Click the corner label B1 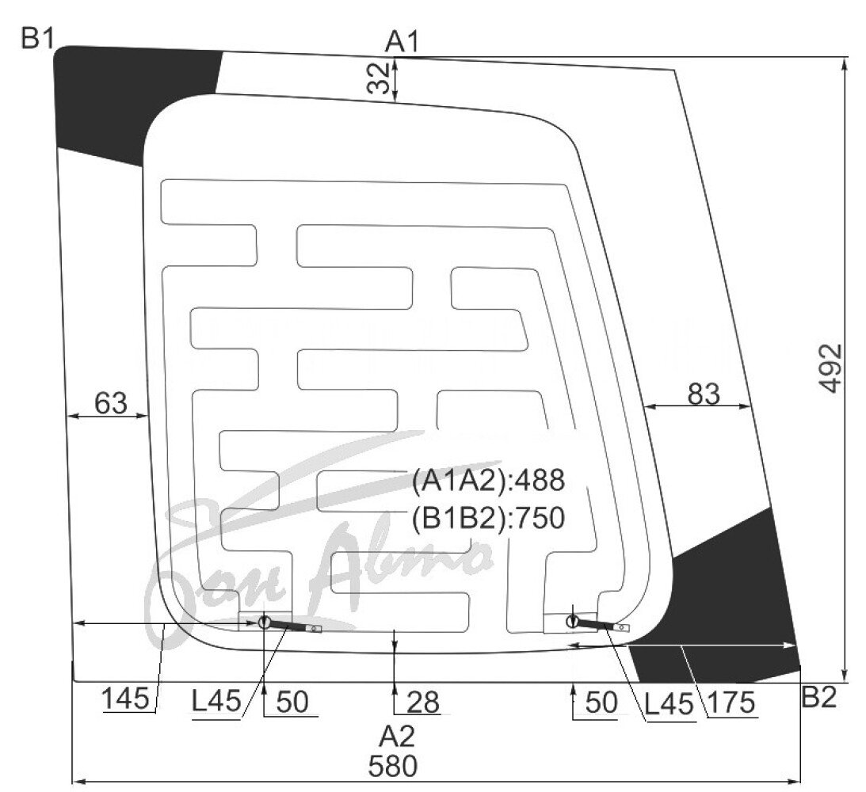click(37, 39)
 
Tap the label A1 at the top click(402, 42)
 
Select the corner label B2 click(818, 697)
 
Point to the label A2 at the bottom click(396, 737)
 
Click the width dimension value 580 click(393, 766)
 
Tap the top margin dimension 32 click(379, 78)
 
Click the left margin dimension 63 click(110, 403)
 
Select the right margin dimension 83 click(704, 394)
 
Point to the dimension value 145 click(126, 699)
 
